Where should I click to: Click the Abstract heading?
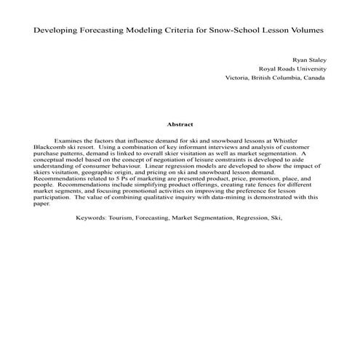point(180,124)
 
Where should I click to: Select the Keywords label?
point(91,217)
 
